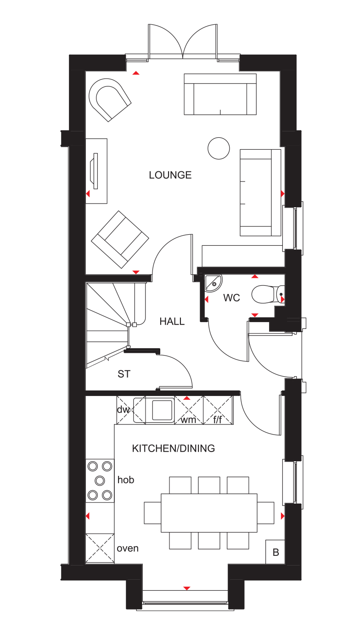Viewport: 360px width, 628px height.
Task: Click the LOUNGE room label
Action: coord(170,175)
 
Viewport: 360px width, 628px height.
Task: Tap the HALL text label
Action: coord(172,322)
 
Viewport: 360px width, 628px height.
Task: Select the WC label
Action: coord(231,298)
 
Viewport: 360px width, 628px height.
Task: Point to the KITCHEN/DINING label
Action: coord(173,448)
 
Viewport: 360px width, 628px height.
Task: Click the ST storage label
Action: coord(124,374)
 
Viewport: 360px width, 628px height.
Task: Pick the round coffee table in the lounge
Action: coord(219,148)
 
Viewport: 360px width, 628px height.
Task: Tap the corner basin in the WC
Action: coord(212,283)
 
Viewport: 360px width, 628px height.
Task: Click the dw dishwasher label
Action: coord(123,409)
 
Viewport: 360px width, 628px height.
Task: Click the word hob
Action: coord(126,480)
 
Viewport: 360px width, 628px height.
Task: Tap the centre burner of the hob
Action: coord(100,480)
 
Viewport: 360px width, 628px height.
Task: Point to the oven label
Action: coord(128,548)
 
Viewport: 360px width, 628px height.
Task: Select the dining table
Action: coord(209,513)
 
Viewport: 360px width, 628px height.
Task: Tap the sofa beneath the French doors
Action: coord(220,94)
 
